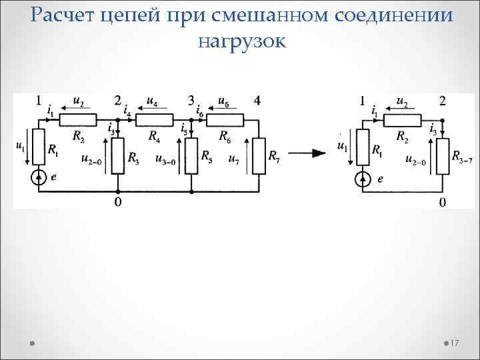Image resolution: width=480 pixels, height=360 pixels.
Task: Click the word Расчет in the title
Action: pyautogui.click(x=61, y=15)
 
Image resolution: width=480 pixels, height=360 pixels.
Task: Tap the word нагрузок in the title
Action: pyautogui.click(x=241, y=41)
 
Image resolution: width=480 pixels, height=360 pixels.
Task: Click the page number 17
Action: pyautogui.click(x=456, y=343)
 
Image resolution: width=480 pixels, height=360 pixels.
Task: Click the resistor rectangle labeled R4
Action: pyautogui.click(x=154, y=121)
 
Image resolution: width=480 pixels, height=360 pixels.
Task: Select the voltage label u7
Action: pyautogui.click(x=233, y=159)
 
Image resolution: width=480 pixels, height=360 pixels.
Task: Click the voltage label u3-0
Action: pyautogui.click(x=165, y=159)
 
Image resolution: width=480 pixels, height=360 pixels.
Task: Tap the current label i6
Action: pyautogui.click(x=200, y=113)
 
